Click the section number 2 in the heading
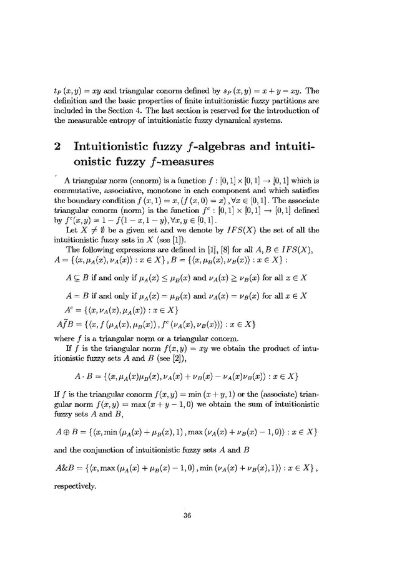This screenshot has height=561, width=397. pyautogui.click(x=57, y=147)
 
